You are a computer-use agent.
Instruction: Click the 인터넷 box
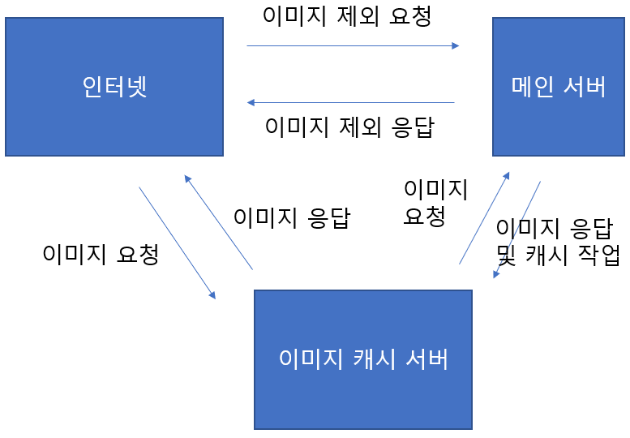(114, 87)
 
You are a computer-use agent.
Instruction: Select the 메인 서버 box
(558, 87)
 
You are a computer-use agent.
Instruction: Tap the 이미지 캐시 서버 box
(362, 359)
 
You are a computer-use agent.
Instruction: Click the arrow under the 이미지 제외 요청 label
(353, 46)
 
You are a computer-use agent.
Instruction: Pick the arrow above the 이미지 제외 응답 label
(350, 103)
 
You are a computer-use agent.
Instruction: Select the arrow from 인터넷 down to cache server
(177, 243)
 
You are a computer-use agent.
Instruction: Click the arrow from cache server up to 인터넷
(219, 222)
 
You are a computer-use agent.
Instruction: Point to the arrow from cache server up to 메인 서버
(484, 218)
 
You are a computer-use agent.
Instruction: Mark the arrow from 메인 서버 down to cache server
(517, 230)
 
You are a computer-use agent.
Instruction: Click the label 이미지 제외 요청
(347, 16)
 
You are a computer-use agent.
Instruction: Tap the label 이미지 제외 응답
(349, 127)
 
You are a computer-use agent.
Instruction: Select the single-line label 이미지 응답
(291, 217)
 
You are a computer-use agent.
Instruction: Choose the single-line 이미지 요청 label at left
(100, 254)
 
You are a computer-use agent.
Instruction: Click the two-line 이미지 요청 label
(435, 202)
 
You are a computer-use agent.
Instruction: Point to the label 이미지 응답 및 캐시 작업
(558, 241)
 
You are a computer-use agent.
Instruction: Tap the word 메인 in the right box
(531, 87)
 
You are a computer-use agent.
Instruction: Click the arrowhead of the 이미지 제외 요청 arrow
(456, 46)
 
